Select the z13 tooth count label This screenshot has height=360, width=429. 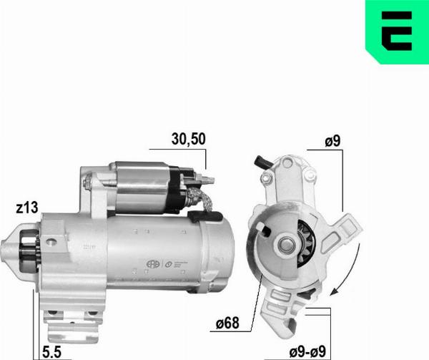(x=26, y=208)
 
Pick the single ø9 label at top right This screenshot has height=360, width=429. (x=332, y=142)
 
